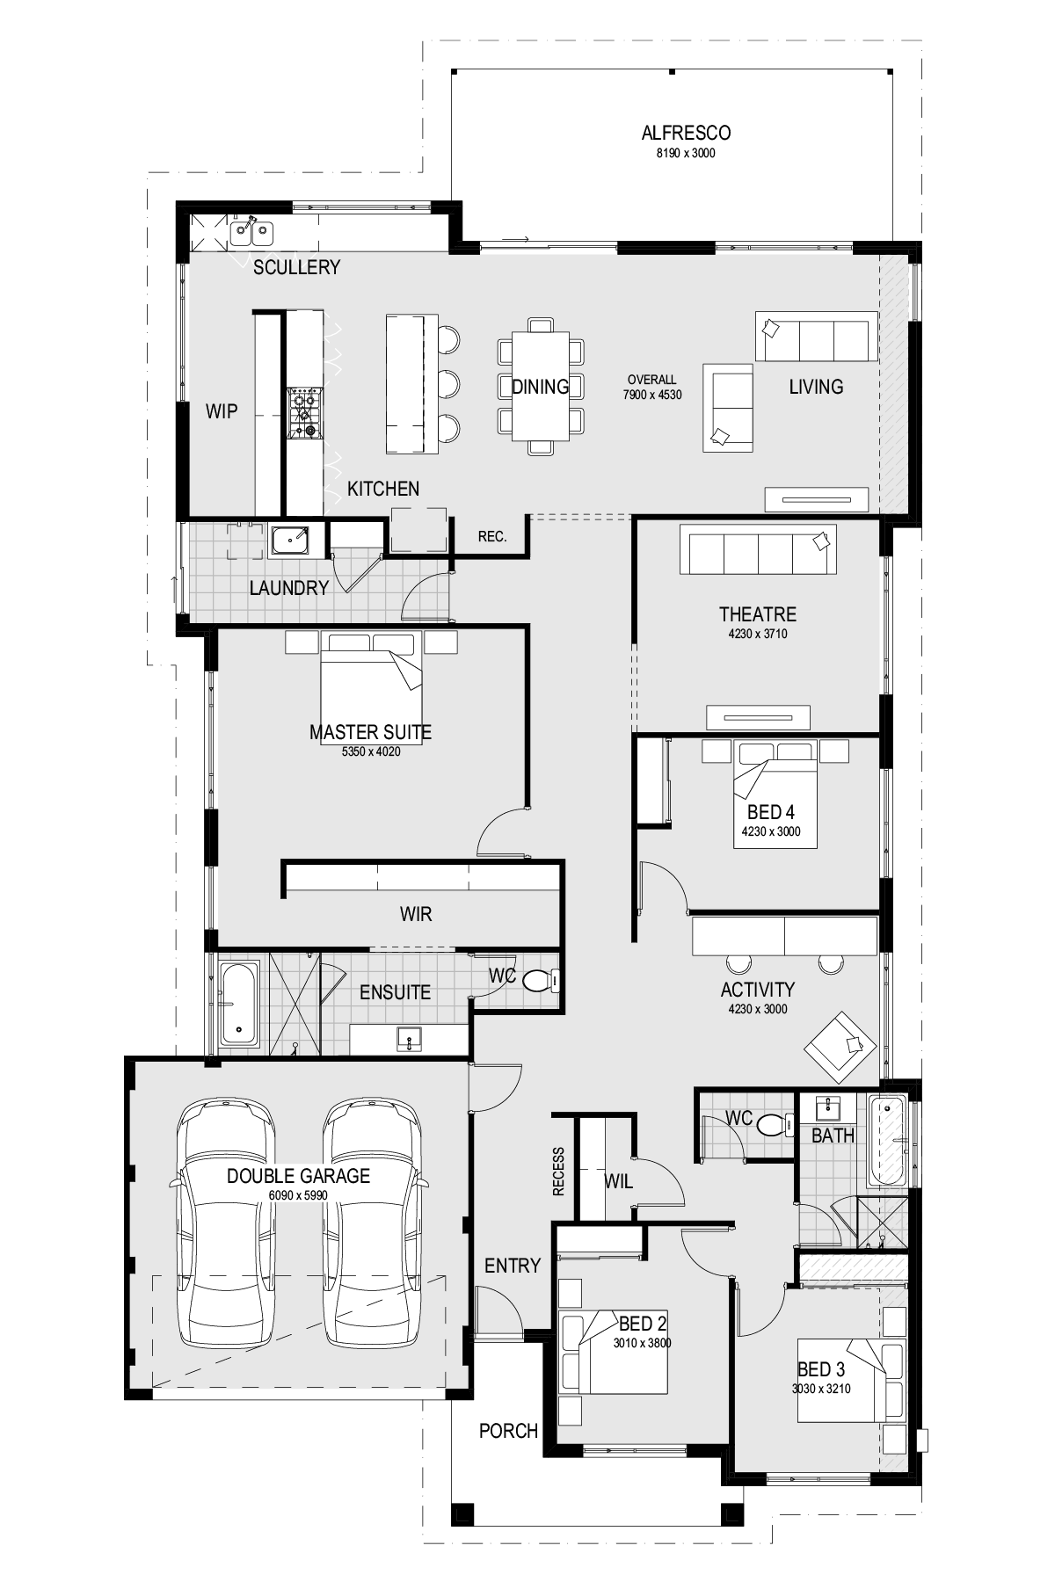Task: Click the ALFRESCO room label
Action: point(686,134)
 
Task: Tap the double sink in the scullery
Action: point(252,232)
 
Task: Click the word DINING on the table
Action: point(540,387)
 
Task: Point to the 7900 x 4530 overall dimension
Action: point(652,395)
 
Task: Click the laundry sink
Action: point(289,540)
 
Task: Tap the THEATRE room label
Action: point(758,614)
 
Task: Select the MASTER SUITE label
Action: point(370,732)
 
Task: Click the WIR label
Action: point(416,914)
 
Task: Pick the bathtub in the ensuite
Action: point(239,1004)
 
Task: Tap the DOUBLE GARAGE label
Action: point(298,1176)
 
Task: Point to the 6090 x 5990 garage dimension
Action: point(298,1195)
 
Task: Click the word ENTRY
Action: point(513,1266)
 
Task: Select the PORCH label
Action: point(508,1431)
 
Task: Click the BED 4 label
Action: point(771,813)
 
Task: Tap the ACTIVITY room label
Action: point(758,990)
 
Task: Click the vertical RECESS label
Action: point(559,1172)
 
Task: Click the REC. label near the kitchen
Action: point(492,536)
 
